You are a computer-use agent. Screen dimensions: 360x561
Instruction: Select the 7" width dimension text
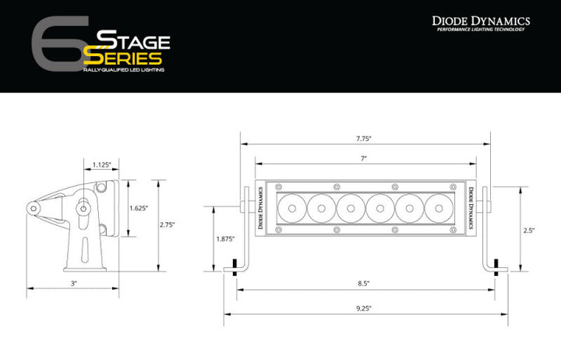point(363,158)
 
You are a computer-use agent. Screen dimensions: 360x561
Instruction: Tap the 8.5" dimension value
point(363,284)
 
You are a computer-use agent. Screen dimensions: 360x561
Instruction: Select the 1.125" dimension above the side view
point(101,164)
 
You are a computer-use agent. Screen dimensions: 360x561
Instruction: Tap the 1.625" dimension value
point(139,208)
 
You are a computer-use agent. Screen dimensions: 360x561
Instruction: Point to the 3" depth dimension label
point(73,284)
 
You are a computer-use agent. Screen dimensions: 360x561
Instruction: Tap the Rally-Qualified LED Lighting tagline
point(122,71)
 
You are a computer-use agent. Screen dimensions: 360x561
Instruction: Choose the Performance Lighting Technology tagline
point(481,30)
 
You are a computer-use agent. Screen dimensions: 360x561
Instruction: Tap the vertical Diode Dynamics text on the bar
point(471,207)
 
